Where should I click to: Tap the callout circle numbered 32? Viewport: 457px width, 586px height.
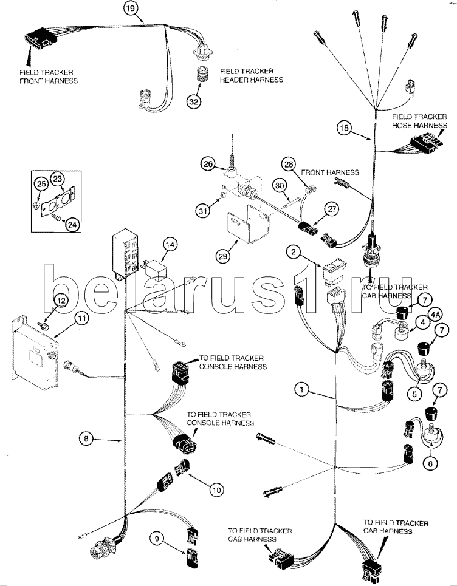coord(193,101)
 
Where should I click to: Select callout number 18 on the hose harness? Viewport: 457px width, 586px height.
coord(344,128)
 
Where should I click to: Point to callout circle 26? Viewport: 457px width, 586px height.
coord(208,163)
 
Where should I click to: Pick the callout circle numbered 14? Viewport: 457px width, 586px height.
coord(170,245)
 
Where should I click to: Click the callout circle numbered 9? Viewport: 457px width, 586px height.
coord(157,537)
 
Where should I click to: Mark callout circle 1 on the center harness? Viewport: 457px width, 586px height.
coord(303,389)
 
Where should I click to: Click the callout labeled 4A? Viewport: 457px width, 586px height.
coord(435,315)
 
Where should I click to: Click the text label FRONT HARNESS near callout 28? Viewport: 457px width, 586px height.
coord(329,172)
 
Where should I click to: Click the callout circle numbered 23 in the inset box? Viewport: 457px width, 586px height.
coord(57,179)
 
